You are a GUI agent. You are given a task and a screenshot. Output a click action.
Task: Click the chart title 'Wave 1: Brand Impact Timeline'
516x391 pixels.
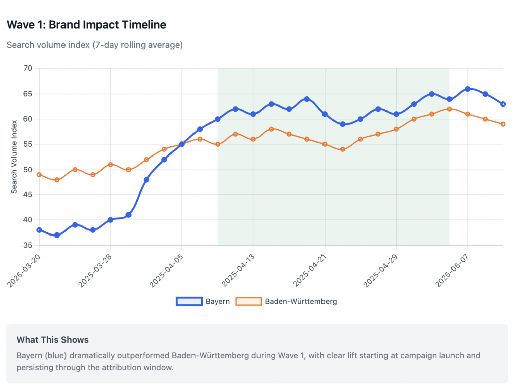click(x=86, y=24)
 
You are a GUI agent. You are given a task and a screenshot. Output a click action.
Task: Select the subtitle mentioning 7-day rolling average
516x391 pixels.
click(x=94, y=45)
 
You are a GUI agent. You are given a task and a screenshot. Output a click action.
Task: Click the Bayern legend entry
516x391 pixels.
click(x=204, y=301)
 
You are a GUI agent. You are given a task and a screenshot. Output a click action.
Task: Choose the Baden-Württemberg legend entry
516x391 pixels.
click(x=286, y=301)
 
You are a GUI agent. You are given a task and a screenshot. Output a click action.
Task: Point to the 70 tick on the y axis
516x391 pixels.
click(x=28, y=68)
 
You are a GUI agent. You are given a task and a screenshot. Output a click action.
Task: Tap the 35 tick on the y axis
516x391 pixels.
click(x=28, y=245)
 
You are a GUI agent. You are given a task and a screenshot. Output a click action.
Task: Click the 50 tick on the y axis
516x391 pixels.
click(x=28, y=170)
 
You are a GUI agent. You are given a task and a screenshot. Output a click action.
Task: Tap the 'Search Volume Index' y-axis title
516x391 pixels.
click(x=14, y=157)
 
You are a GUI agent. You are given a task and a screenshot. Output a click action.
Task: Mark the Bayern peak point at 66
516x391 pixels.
click(x=468, y=89)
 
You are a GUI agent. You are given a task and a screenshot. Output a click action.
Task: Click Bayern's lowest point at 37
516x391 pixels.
click(x=57, y=235)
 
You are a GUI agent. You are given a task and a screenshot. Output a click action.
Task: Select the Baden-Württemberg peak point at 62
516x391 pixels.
click(x=449, y=109)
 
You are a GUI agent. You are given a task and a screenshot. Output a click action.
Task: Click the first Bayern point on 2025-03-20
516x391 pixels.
click(x=39, y=230)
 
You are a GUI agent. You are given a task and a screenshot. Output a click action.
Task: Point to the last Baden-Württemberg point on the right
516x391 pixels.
click(x=503, y=124)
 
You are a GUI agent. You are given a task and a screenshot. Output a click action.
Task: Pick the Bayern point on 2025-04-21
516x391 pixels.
click(x=325, y=114)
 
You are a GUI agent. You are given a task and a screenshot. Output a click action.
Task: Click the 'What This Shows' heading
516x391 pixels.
click(x=52, y=340)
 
